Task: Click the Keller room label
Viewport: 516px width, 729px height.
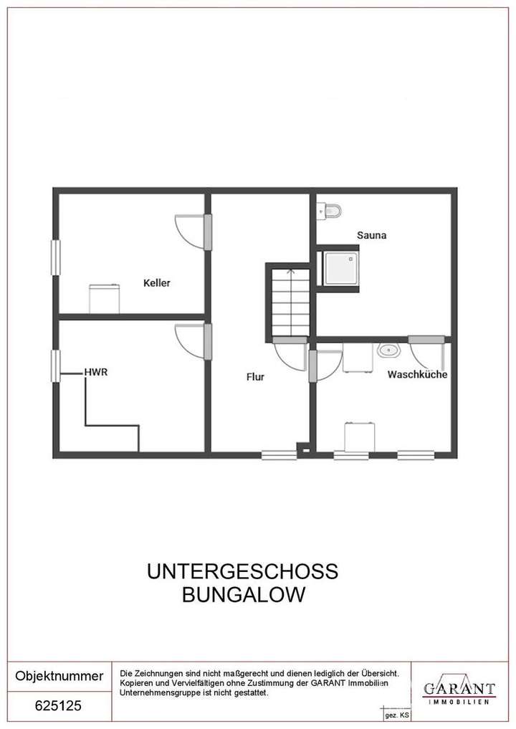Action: tap(157, 283)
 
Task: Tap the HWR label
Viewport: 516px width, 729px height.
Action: tap(96, 372)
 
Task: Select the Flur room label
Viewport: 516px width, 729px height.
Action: tap(255, 376)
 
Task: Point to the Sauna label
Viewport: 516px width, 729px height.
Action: tap(372, 234)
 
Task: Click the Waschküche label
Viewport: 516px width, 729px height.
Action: tap(418, 374)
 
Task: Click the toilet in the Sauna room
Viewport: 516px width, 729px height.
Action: tap(331, 210)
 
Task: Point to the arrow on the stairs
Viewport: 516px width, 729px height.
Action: tap(290, 272)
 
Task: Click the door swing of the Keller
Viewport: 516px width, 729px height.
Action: tap(190, 229)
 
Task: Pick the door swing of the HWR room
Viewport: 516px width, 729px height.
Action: tap(190, 340)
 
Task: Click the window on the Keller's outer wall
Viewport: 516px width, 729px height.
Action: tap(55, 257)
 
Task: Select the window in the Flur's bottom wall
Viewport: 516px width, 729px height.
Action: tap(279, 454)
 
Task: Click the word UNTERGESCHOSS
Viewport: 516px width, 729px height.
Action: tap(242, 572)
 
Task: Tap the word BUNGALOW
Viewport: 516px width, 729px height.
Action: tap(242, 595)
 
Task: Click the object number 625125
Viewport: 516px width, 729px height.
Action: tap(59, 706)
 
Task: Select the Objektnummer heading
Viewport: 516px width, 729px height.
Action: tap(59, 676)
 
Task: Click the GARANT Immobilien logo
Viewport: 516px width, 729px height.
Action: tap(459, 691)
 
